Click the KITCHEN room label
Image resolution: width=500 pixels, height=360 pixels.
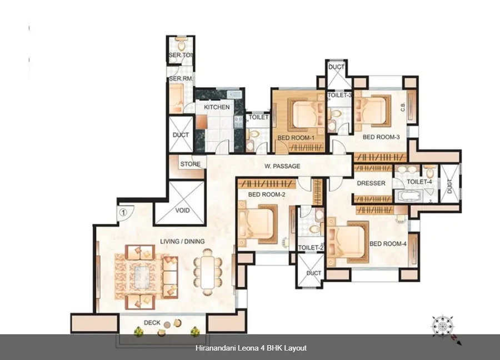pos(217,107)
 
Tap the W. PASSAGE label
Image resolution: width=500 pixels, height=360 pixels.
pos(282,166)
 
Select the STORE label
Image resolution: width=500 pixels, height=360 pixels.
pos(191,164)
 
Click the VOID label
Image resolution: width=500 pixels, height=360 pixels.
pos(182,211)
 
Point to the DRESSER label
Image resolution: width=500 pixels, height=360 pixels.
pos(371,183)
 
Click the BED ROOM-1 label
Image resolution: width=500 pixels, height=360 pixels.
pos(296,138)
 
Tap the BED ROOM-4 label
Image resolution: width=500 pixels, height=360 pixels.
pos(388,244)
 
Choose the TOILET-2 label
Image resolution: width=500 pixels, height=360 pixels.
pos(311,248)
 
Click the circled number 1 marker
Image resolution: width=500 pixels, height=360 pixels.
pos(123,212)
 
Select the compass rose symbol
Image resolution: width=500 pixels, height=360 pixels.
pos(443,326)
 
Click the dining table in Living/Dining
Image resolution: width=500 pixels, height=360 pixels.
pos(208,272)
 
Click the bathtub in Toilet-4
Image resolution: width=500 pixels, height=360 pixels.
pos(409,196)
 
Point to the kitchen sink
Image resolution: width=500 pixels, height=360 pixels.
pos(234,94)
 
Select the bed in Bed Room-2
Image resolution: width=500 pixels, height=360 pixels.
pos(258,224)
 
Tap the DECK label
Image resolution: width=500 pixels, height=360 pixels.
pos(152,323)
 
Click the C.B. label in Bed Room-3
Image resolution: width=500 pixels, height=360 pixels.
pos(403,107)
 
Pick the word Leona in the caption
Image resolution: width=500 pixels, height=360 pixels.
pos(249,348)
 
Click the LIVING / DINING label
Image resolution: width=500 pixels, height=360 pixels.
pos(182,241)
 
